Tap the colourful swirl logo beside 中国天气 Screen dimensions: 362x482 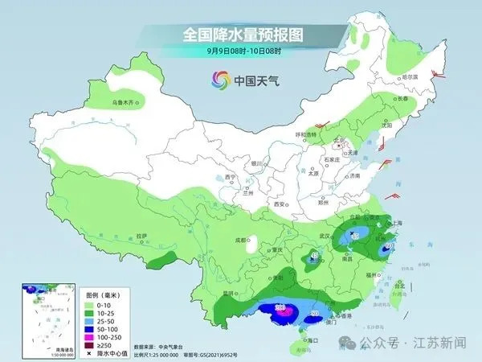pyautogui.click(x=219, y=80)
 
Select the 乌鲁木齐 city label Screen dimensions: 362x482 pyautogui.click(x=125, y=102)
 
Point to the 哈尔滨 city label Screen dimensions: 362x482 pyautogui.click(x=410, y=76)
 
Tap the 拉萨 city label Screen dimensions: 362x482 pyautogui.click(x=141, y=236)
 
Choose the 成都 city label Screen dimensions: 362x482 pyautogui.click(x=239, y=240)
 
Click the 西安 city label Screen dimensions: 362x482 pyautogui.click(x=280, y=205)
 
